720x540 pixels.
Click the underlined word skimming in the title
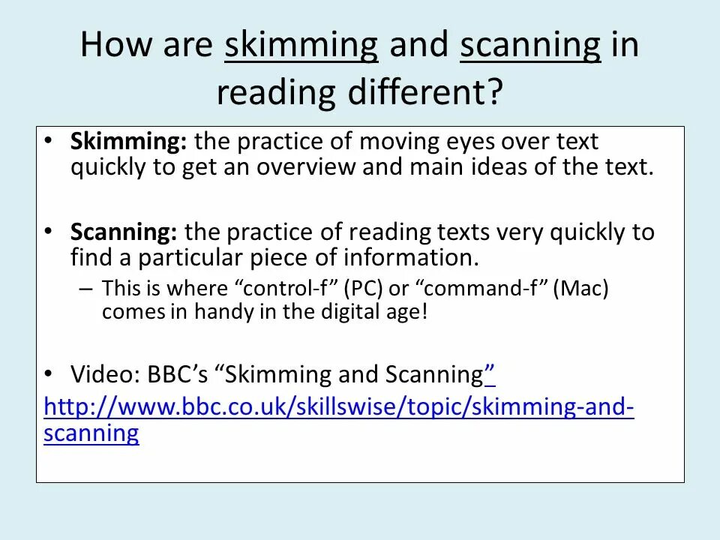tap(301, 46)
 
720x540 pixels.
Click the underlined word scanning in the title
tap(530, 46)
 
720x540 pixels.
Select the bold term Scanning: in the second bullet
tap(124, 232)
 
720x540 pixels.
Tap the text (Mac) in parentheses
tap(580, 289)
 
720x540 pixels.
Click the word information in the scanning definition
tap(411, 258)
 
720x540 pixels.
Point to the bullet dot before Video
tap(49, 372)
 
